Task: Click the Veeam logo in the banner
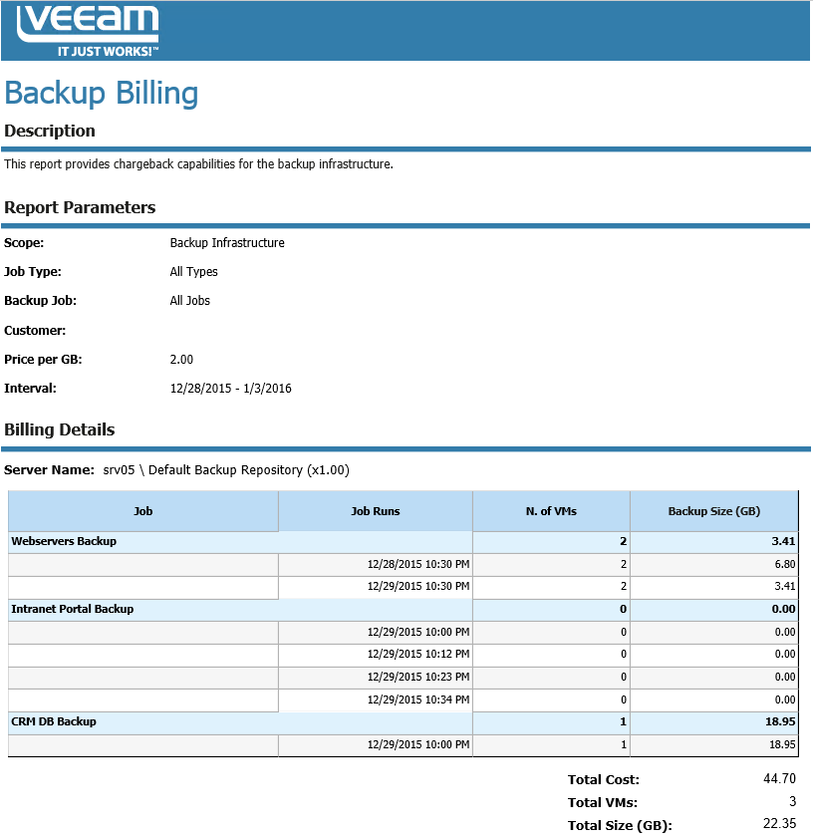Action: click(x=88, y=30)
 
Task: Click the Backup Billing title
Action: click(x=102, y=94)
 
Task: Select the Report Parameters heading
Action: click(x=80, y=208)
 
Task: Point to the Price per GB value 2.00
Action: click(x=181, y=360)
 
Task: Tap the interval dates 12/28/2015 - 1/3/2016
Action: click(x=230, y=389)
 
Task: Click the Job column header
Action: click(x=143, y=511)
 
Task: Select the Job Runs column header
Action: click(x=375, y=511)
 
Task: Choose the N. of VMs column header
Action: click(x=551, y=511)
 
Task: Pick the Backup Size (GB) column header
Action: click(x=713, y=511)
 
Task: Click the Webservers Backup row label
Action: click(x=64, y=542)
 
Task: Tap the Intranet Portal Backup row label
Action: click(x=72, y=609)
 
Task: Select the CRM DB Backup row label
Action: click(x=54, y=721)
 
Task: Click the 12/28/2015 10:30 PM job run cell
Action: click(x=418, y=565)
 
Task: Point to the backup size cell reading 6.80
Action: click(x=784, y=565)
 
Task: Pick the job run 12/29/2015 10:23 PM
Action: click(x=418, y=677)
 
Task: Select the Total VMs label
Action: click(x=603, y=802)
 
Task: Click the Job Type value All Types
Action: click(x=194, y=272)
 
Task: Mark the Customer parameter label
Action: click(x=35, y=331)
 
